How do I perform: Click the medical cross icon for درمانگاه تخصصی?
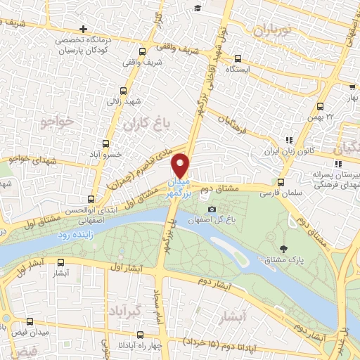[84, 29]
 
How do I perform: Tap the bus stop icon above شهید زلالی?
[124, 91]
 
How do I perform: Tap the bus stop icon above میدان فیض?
[30, 322]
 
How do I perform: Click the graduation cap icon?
[200, 8]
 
